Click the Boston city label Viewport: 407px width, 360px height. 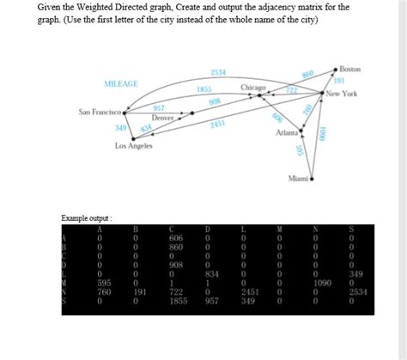click(350, 68)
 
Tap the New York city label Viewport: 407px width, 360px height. click(343, 94)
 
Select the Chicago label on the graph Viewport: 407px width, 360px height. click(253, 88)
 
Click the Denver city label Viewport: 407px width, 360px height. click(163, 117)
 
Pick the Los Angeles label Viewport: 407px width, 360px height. click(134, 146)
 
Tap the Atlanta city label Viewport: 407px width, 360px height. click(286, 134)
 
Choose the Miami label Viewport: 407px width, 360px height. click(298, 178)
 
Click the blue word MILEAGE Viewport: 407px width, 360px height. click(121, 84)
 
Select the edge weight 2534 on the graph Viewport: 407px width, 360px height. click(218, 71)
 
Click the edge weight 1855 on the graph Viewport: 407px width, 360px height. click(204, 88)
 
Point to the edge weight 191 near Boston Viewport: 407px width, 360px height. click(338, 81)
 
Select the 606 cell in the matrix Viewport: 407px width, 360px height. click(176, 237)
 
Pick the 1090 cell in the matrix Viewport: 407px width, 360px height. click(323, 282)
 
